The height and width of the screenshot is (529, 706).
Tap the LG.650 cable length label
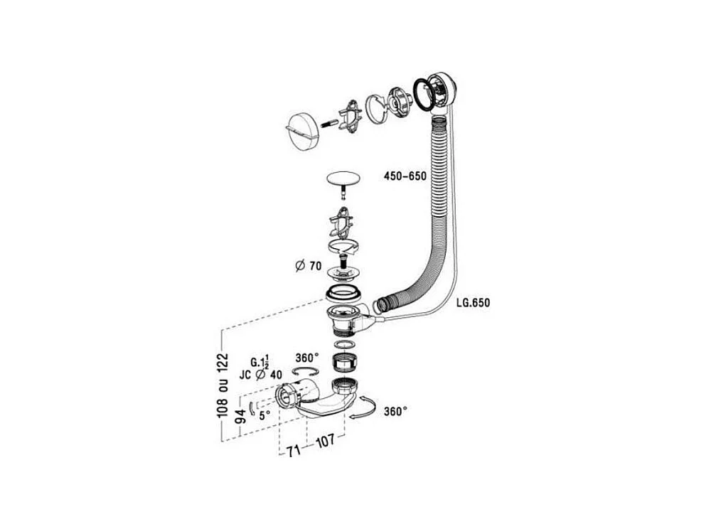(472, 302)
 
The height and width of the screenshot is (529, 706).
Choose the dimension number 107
(325, 442)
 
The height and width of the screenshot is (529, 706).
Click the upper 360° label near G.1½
(307, 357)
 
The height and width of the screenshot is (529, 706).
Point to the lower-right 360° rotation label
(395, 411)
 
